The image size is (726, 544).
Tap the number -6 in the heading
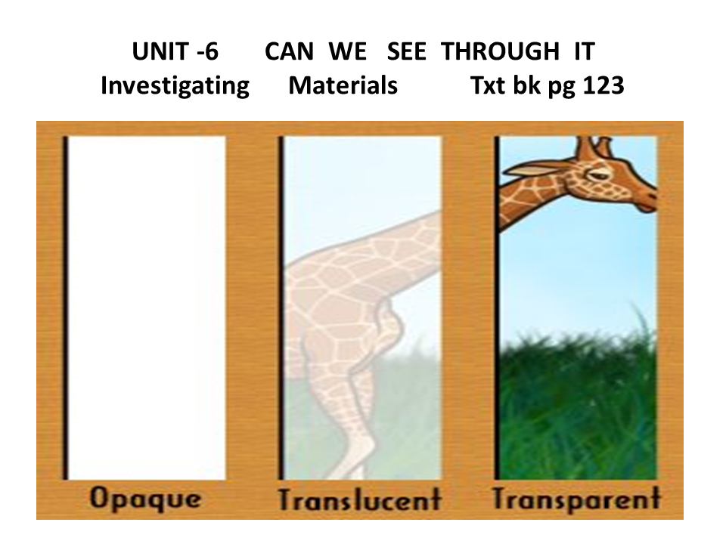click(x=204, y=53)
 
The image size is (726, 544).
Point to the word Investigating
click(x=175, y=85)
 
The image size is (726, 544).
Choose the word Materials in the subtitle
click(x=343, y=85)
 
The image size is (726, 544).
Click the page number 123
click(x=598, y=85)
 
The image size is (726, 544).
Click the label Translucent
click(x=359, y=499)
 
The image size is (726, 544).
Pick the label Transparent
click(x=576, y=499)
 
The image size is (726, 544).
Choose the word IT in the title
click(x=583, y=53)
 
